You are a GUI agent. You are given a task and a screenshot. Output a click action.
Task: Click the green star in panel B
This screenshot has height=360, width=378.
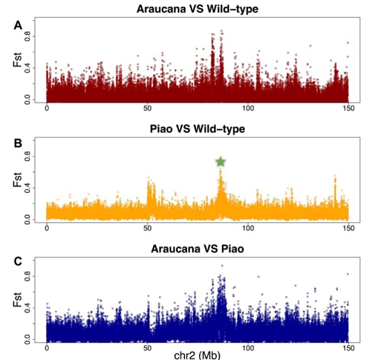pyautogui.click(x=221, y=162)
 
